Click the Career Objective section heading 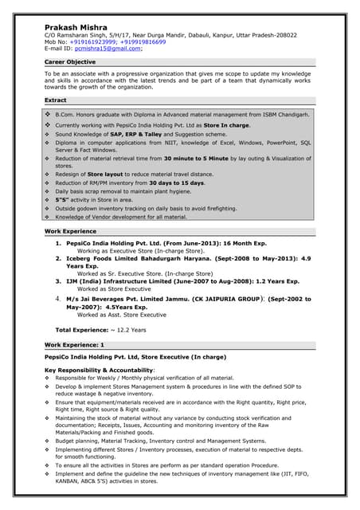[x=70, y=61]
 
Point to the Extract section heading [x=56, y=100]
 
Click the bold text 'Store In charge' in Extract [x=226, y=125]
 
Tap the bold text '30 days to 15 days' [x=174, y=182]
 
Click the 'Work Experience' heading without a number [x=71, y=231]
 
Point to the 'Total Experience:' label [x=80, y=330]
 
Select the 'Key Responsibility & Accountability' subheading [x=99, y=371]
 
